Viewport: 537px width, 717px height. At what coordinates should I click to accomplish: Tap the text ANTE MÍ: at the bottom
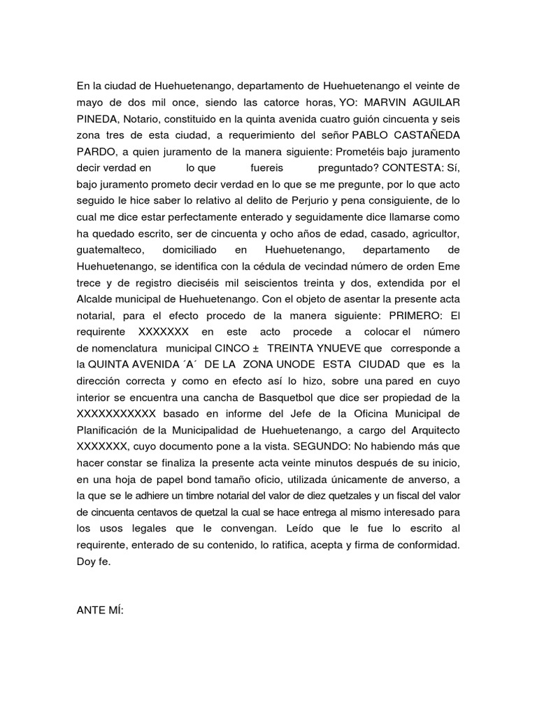point(99,611)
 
